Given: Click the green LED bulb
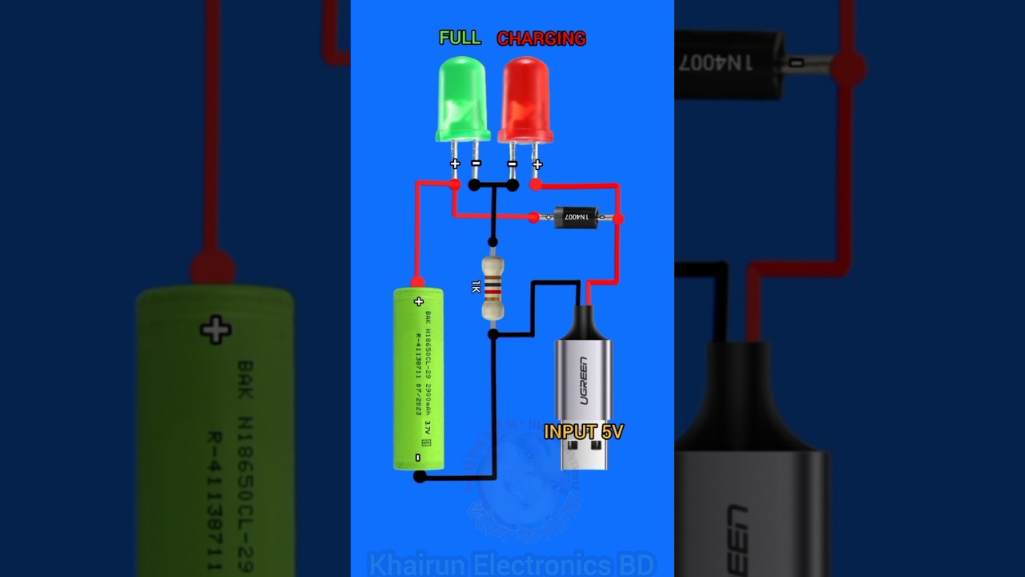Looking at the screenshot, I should tap(462, 98).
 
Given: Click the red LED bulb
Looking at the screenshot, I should tap(525, 98).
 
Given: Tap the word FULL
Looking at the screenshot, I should tap(460, 38).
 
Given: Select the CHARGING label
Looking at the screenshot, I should tap(541, 38).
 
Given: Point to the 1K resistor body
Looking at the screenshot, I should tap(493, 287).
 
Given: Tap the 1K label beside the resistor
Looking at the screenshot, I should tap(476, 286).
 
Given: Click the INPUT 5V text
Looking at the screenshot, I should tap(583, 432).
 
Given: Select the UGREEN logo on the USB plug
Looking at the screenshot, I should tap(582, 381).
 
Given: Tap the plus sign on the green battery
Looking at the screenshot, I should tap(419, 302).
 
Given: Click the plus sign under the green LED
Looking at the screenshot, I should tap(455, 163).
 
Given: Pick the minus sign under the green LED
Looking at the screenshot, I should tap(476, 163).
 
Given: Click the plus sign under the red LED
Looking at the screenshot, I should tap(537, 164).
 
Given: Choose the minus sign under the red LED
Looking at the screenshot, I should tap(512, 164).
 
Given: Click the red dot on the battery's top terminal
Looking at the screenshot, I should tap(417, 281).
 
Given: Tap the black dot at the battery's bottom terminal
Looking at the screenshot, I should tap(420, 477).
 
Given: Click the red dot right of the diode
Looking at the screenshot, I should tap(618, 217).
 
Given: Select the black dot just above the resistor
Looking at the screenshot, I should tap(493, 241).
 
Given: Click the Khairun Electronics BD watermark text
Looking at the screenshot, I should tap(512, 563).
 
